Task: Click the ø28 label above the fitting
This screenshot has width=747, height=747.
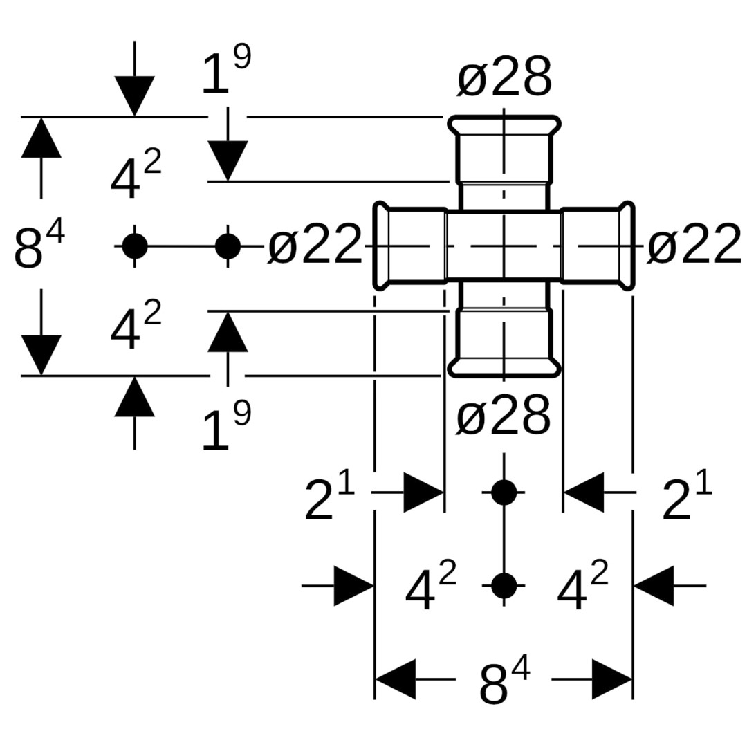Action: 504,77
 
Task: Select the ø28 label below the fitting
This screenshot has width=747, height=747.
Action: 504,416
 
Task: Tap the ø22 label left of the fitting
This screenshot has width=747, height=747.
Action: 315,245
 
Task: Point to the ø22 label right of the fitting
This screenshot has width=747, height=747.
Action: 694,245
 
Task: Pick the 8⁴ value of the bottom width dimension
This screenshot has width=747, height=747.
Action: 504,682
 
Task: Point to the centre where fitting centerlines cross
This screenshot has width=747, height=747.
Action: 504,246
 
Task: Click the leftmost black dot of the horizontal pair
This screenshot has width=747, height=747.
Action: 134,246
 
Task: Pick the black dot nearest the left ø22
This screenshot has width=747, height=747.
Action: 228,246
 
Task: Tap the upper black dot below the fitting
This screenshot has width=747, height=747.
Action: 504,492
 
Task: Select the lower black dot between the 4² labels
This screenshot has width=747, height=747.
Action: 504,585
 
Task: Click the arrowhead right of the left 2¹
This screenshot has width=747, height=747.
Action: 423,492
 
